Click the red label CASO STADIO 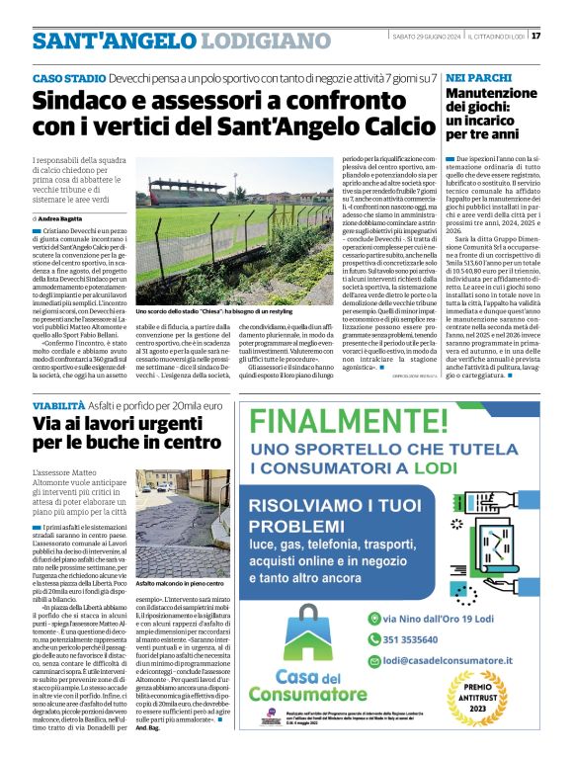tap(69, 77)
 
